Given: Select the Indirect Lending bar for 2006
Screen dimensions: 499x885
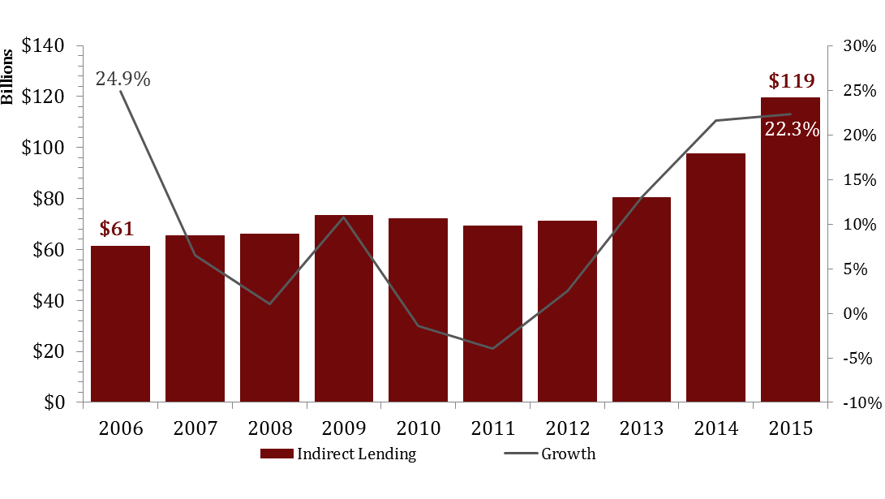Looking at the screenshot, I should (120, 324).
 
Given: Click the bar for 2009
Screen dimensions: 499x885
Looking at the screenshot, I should (344, 308).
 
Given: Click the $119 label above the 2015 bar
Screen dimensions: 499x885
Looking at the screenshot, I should (791, 81).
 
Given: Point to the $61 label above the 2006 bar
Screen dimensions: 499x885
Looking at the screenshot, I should (117, 229).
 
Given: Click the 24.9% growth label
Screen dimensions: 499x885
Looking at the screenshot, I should (122, 79).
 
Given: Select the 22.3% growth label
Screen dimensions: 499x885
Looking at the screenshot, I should (792, 128).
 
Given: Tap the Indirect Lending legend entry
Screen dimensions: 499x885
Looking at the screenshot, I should (338, 454).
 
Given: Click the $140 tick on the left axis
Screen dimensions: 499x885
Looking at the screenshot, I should (42, 46).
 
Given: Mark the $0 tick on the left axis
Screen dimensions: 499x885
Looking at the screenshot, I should (53, 402).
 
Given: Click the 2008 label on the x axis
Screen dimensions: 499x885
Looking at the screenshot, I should (269, 428).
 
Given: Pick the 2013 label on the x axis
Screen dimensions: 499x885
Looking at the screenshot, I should (641, 428).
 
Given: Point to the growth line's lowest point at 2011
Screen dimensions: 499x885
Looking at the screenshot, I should (492, 349).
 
